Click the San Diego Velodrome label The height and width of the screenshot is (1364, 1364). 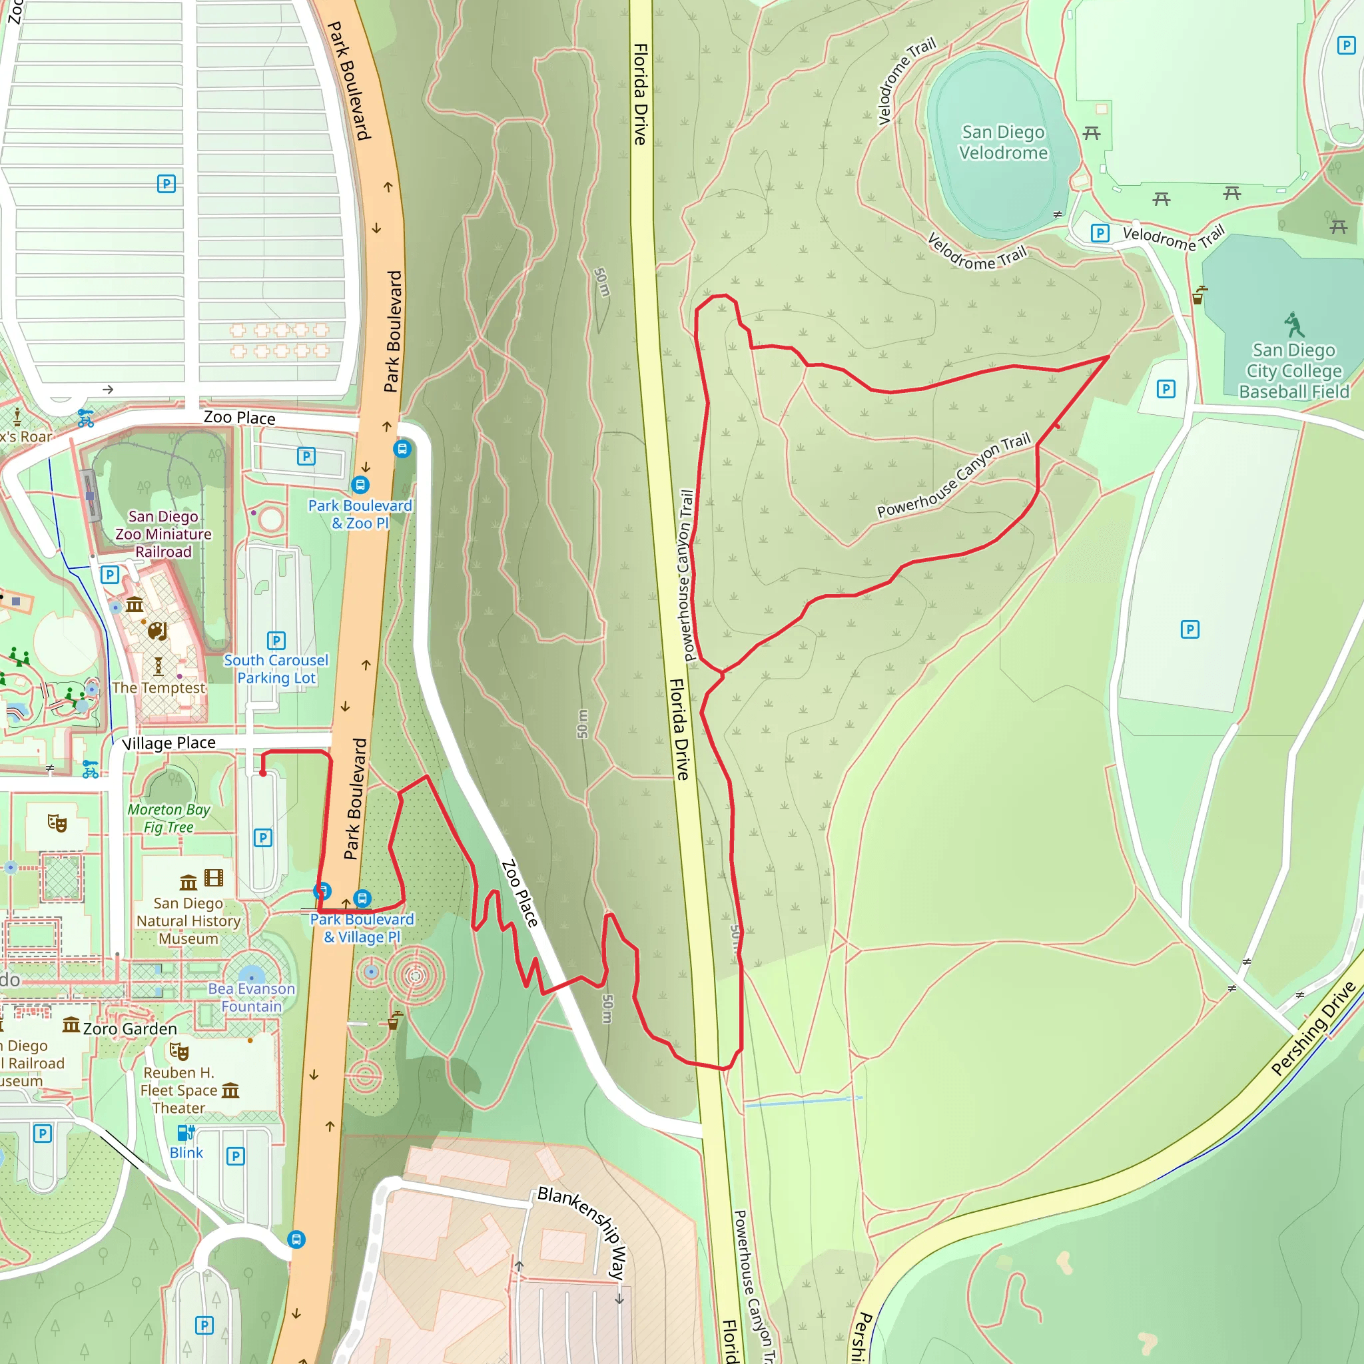point(1002,143)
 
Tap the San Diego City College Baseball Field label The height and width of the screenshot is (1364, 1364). point(1293,372)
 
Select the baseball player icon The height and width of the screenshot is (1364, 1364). point(1293,325)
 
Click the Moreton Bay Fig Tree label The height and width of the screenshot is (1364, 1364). point(169,819)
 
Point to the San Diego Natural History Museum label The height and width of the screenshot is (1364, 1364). point(188,920)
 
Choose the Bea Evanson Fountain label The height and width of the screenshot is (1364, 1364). point(251,997)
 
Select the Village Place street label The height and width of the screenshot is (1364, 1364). point(169,743)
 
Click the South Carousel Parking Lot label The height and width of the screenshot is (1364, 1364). point(276,669)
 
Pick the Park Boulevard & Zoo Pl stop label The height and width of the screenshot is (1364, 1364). point(360,514)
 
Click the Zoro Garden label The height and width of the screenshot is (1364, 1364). point(130,1028)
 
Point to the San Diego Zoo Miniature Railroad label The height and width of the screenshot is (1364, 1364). point(163,534)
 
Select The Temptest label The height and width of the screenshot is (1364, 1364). point(159,687)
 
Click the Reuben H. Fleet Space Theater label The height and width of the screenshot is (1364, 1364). point(178,1090)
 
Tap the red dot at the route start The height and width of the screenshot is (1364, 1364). point(262,773)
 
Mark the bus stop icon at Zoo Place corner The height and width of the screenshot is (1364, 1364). point(402,448)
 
